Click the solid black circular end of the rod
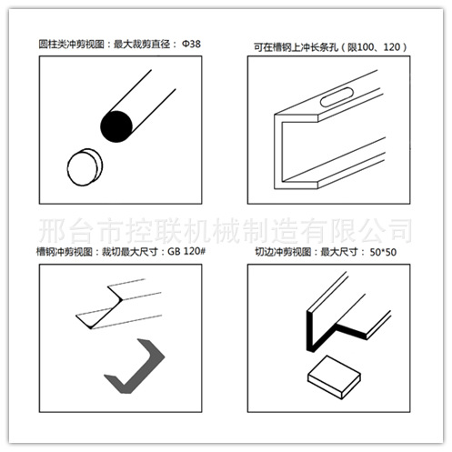click(116, 126)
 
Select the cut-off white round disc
click(85, 167)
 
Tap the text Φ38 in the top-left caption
click(191, 44)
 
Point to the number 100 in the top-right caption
click(366, 47)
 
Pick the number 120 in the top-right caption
click(392, 47)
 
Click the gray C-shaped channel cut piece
click(135, 367)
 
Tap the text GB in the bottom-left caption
click(174, 251)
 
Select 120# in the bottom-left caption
click(195, 251)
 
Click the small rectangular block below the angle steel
click(334, 377)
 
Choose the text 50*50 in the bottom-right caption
click(383, 252)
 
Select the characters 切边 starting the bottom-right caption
click(264, 252)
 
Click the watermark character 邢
click(52, 230)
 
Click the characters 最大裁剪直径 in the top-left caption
click(142, 45)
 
